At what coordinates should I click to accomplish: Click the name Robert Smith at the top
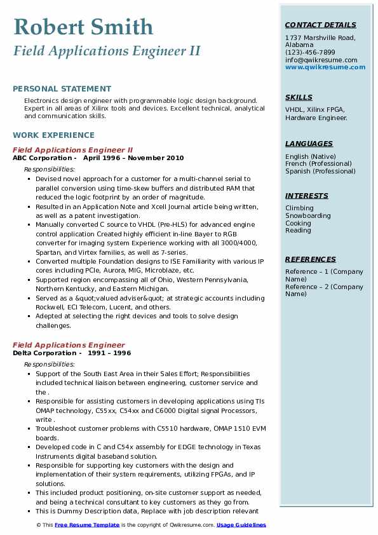click(83, 27)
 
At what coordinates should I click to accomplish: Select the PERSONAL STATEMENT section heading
click(62, 89)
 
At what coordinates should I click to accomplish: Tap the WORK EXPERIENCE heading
click(53, 135)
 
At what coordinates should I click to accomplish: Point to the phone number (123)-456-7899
click(310, 53)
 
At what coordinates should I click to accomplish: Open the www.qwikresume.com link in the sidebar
click(321, 67)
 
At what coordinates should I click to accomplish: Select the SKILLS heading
click(299, 97)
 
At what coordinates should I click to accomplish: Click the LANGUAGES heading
click(309, 144)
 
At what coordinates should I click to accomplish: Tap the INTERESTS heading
click(307, 196)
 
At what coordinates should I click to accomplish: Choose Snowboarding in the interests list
click(307, 215)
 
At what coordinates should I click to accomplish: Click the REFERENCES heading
click(311, 259)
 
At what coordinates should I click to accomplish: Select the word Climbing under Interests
click(299, 208)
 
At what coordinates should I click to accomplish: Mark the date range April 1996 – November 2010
click(133, 158)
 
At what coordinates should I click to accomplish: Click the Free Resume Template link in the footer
click(87, 525)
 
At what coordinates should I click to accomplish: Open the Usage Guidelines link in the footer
click(241, 525)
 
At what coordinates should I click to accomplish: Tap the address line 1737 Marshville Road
click(320, 38)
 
